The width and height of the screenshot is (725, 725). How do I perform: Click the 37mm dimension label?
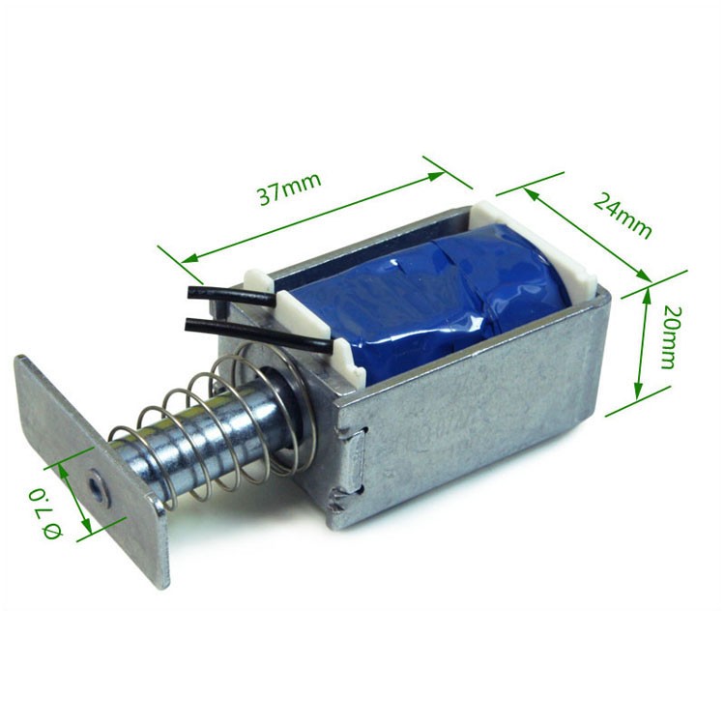[288, 188]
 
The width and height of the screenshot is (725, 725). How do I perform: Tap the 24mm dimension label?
[622, 216]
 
